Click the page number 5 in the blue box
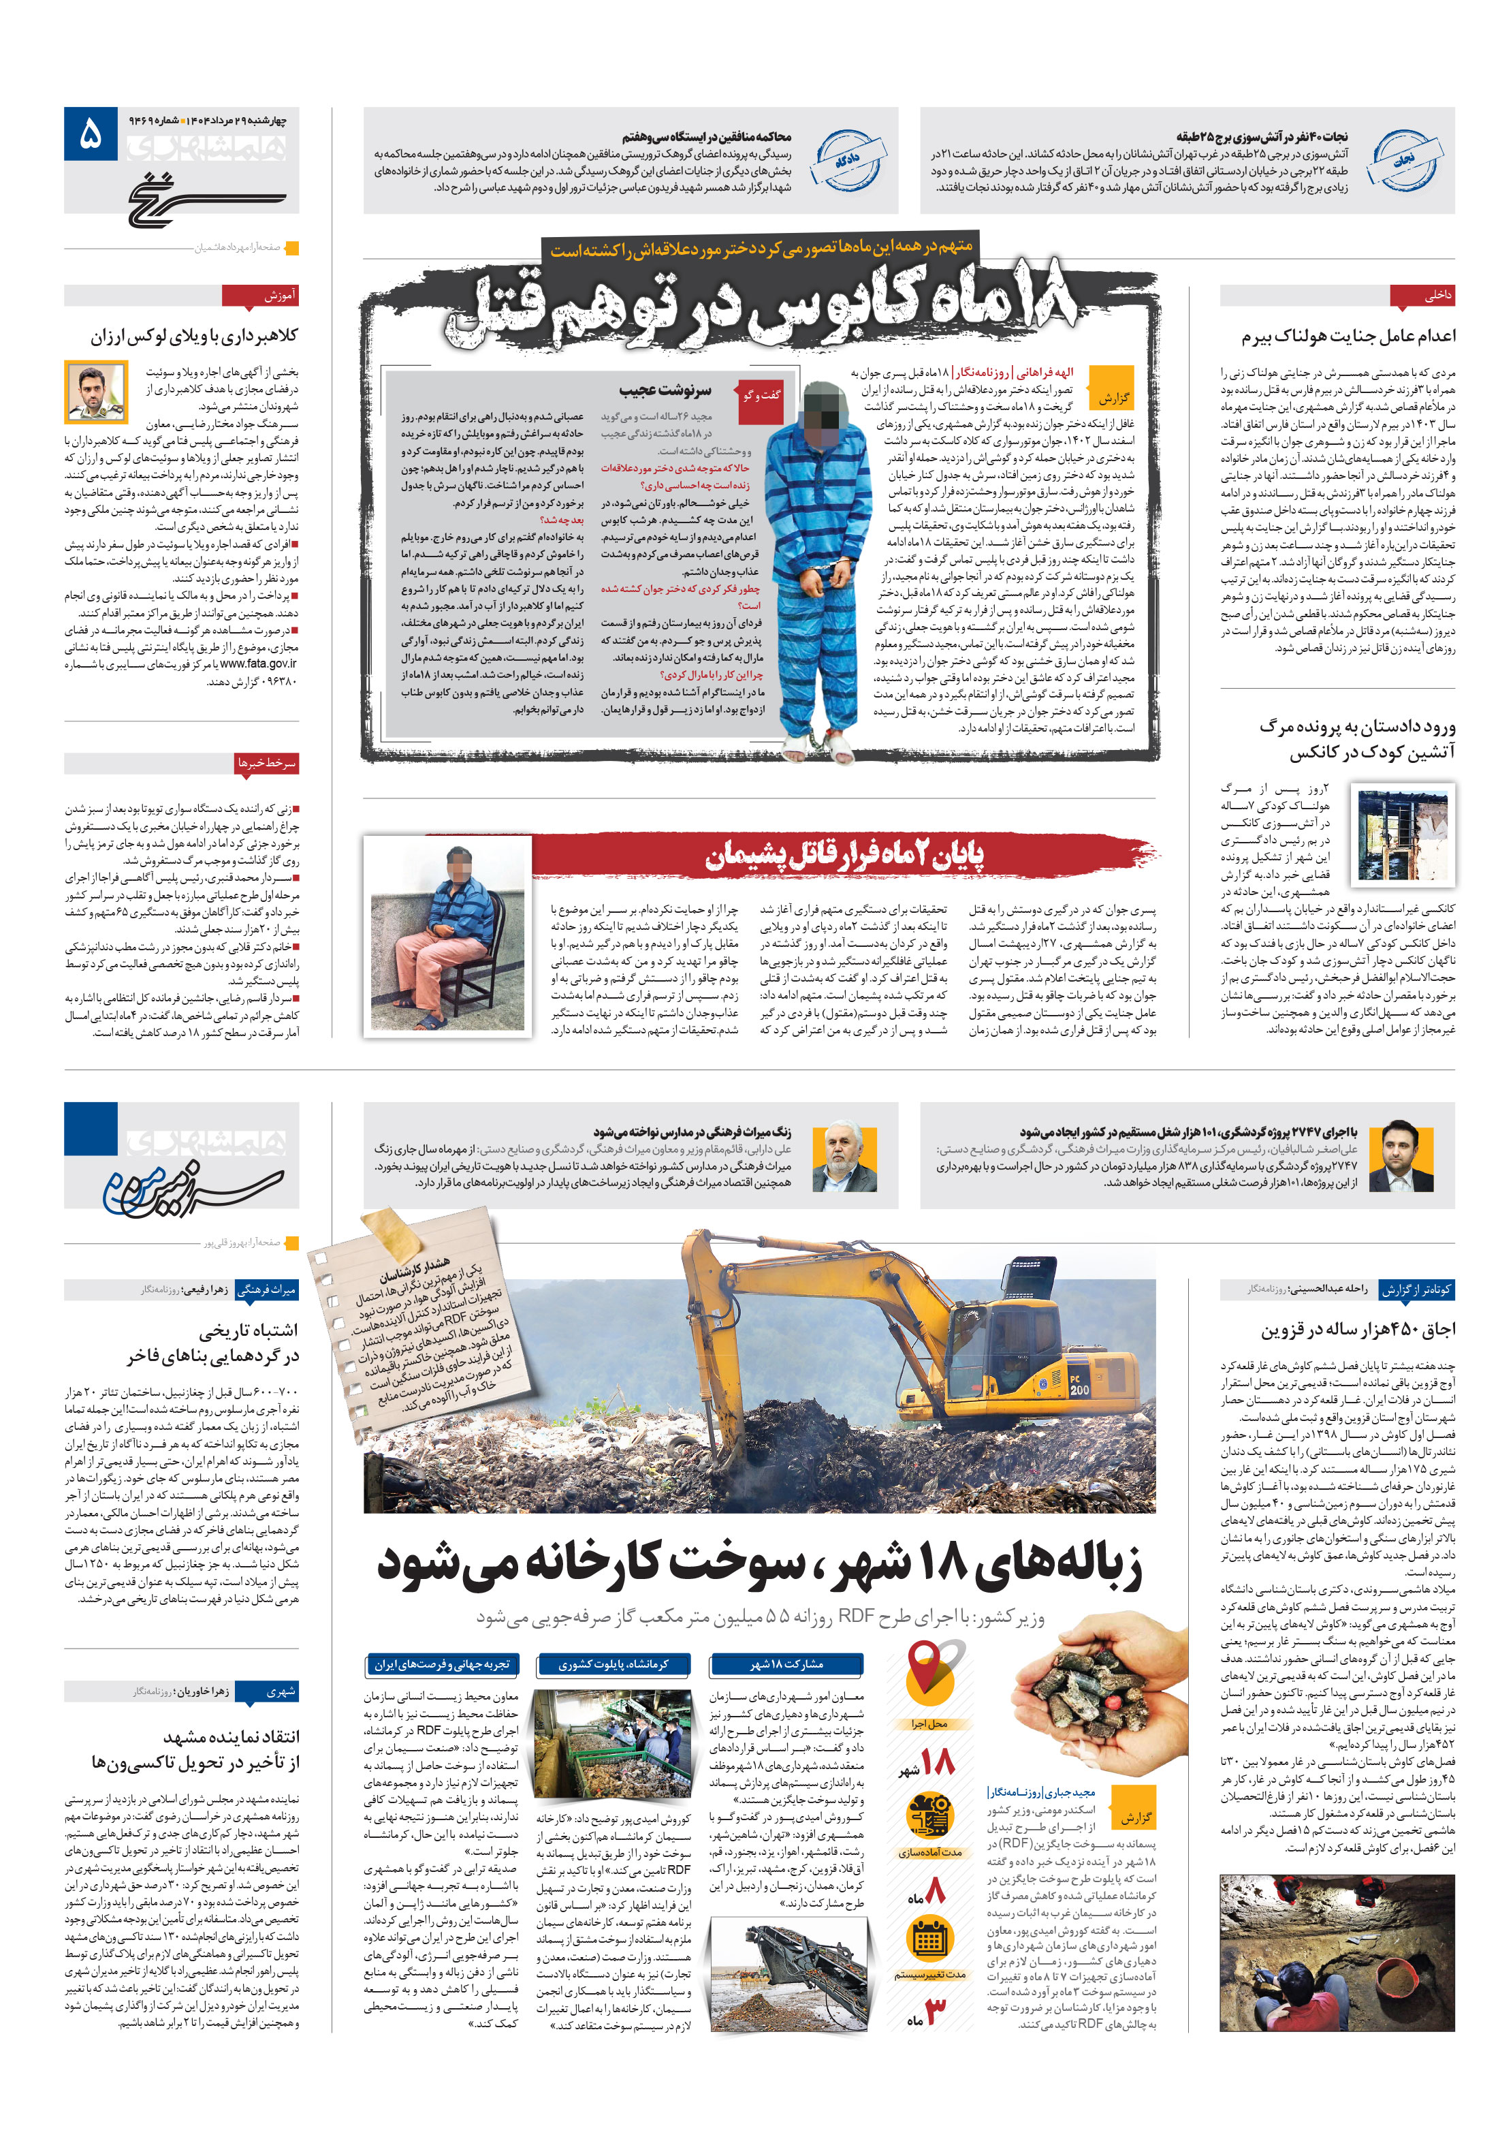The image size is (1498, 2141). (91, 135)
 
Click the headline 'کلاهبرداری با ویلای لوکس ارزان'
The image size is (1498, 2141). (194, 336)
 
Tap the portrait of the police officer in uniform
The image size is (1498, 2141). (96, 392)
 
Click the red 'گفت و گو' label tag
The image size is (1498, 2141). (761, 395)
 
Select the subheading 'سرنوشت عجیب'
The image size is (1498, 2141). (664, 390)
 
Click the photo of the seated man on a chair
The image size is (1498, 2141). (447, 935)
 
